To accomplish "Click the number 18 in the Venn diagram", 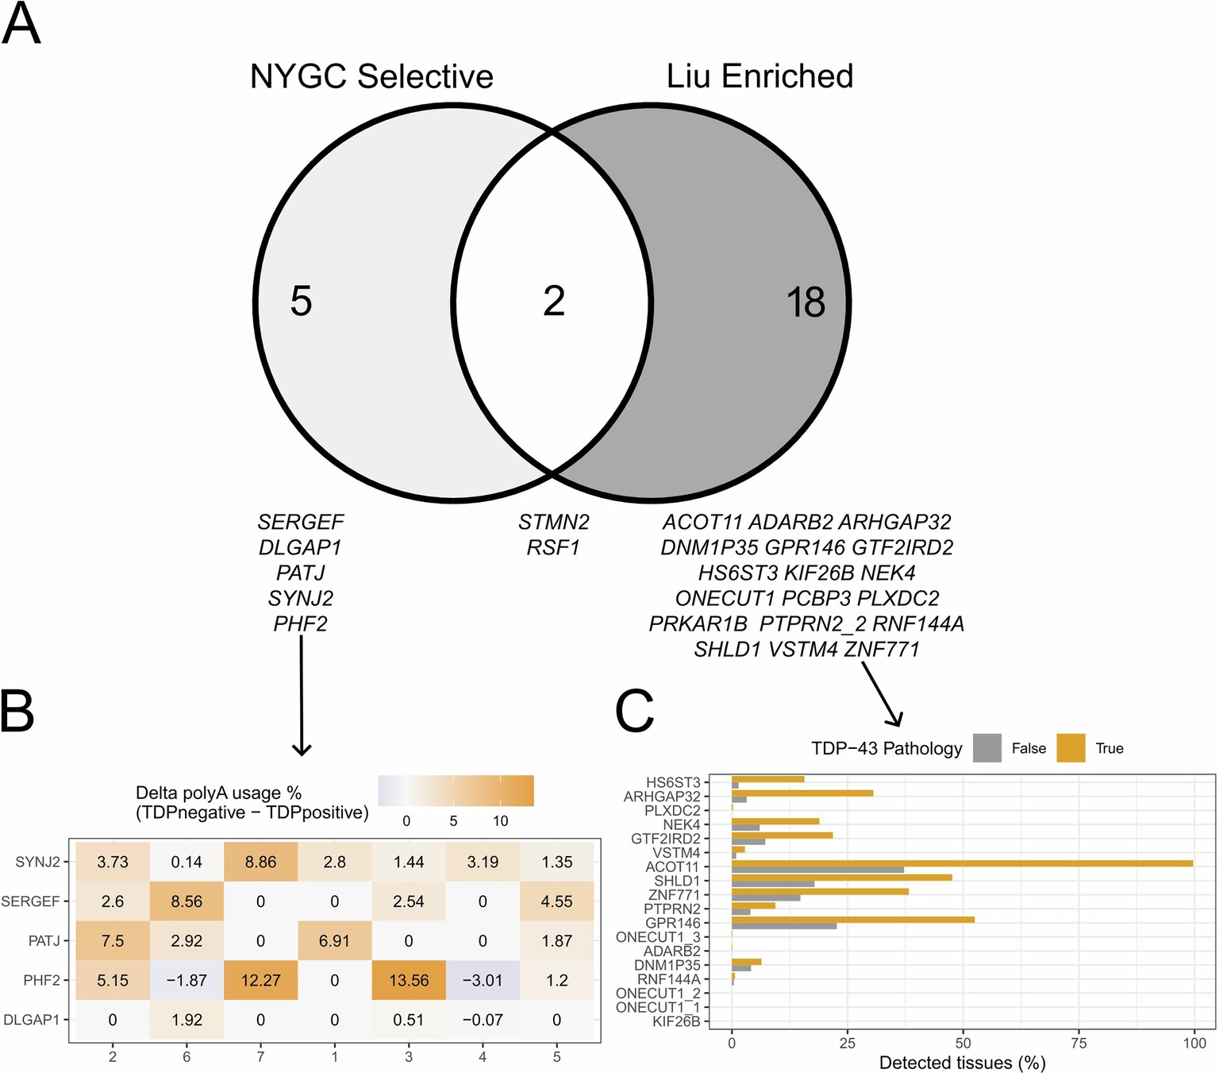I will pyautogui.click(x=806, y=303).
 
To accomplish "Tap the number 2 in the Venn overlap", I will pyautogui.click(x=554, y=302).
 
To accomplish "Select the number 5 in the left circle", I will pyautogui.click(x=301, y=302).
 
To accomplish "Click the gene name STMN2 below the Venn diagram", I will pyautogui.click(x=554, y=522).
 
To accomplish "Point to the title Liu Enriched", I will pyautogui.click(x=759, y=76).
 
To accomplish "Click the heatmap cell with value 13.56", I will pyautogui.click(x=409, y=980).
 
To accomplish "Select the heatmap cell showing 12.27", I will pyautogui.click(x=260, y=980).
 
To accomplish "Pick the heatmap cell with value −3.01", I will pyautogui.click(x=483, y=980).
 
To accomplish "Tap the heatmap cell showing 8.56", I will pyautogui.click(x=187, y=901).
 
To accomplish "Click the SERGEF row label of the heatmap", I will pyautogui.click(x=31, y=901).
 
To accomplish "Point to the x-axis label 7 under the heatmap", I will pyautogui.click(x=260, y=1056).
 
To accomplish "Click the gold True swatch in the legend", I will pyautogui.click(x=1071, y=748).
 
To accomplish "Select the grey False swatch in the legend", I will pyautogui.click(x=986, y=748).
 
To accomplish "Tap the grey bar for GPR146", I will pyautogui.click(x=784, y=926).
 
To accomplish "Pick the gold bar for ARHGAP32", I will pyautogui.click(x=802, y=793).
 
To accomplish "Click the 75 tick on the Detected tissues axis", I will pyautogui.click(x=1079, y=1043).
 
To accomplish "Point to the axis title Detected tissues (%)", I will pyautogui.click(x=962, y=1063).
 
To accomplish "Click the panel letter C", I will pyautogui.click(x=635, y=711).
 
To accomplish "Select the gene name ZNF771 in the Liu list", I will pyautogui.click(x=882, y=649).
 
